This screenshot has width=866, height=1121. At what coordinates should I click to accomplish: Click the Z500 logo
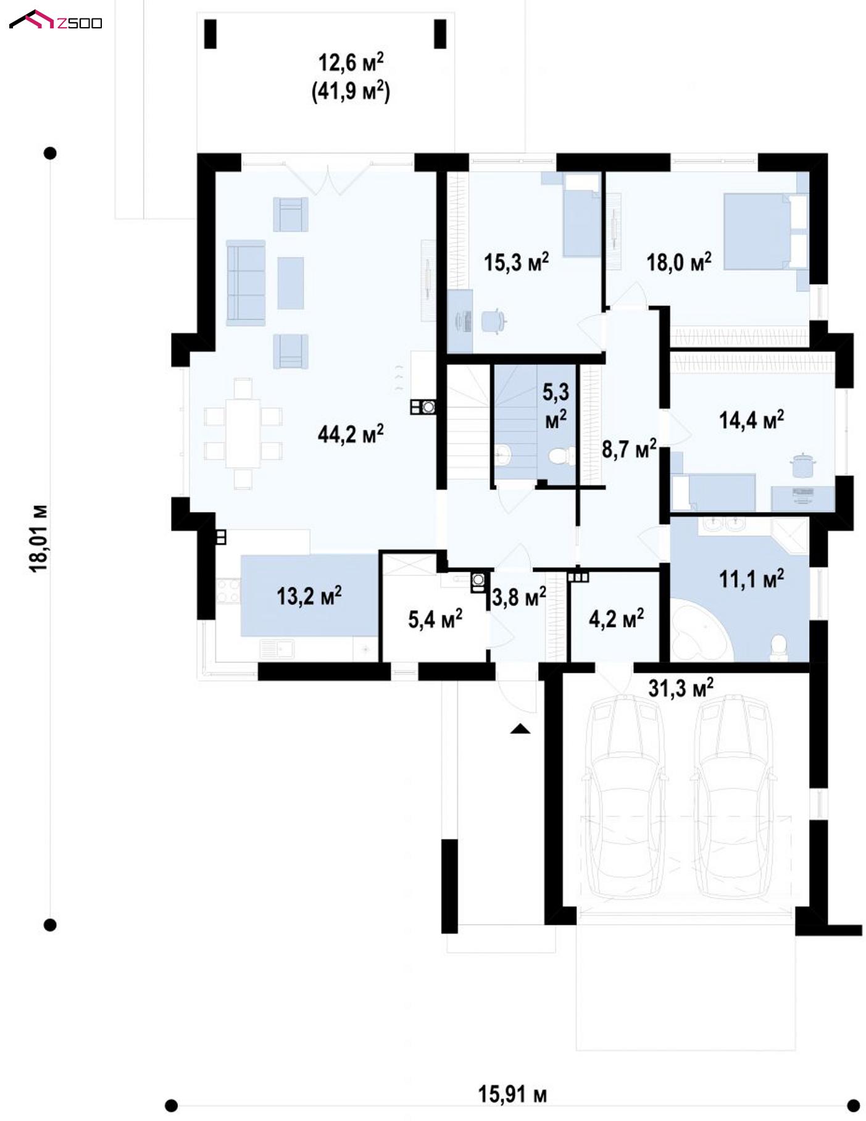click(56, 21)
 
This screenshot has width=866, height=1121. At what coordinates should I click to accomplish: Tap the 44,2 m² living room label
click(350, 433)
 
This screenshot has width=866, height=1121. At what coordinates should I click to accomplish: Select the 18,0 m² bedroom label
click(678, 262)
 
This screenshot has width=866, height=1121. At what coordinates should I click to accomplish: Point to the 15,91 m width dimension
click(512, 1094)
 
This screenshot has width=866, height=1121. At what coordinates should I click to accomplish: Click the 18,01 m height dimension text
click(39, 538)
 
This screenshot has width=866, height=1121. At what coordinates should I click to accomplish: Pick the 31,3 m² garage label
click(681, 688)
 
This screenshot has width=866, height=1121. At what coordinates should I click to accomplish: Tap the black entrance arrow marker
click(520, 728)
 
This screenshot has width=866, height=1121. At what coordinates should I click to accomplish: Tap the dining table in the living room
click(243, 433)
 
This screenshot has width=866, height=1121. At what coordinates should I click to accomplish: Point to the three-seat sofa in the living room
click(246, 283)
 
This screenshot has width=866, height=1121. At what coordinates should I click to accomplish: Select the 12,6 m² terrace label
click(351, 63)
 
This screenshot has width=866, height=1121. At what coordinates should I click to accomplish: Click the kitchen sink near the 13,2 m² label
click(277, 650)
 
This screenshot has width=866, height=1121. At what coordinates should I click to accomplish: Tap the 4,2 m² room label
click(616, 618)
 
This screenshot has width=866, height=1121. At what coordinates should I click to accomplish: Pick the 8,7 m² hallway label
click(629, 449)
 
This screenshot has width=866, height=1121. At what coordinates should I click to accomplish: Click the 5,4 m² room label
click(435, 619)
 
